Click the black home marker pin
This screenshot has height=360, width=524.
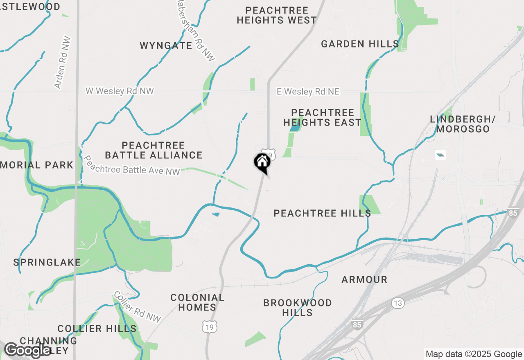click(x=262, y=162)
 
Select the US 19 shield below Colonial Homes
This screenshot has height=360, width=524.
click(x=209, y=326)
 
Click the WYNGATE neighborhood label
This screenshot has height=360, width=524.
click(x=166, y=45)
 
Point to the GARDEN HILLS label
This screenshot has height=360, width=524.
click(x=360, y=44)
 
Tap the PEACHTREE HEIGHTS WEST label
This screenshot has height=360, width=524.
click(x=276, y=15)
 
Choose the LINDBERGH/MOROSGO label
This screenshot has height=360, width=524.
click(x=463, y=124)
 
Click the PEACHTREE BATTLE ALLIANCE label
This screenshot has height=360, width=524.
click(x=154, y=150)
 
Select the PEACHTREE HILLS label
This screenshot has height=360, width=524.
click(x=322, y=213)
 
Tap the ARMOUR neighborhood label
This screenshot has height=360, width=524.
click(x=364, y=279)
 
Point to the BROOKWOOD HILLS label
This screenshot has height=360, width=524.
click(x=298, y=308)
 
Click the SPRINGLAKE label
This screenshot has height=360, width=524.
click(x=47, y=262)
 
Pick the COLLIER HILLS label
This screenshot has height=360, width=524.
click(x=97, y=328)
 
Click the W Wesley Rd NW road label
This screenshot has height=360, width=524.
click(x=120, y=91)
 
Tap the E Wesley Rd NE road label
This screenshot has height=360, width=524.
click(x=308, y=92)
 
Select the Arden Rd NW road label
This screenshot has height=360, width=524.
click(x=63, y=63)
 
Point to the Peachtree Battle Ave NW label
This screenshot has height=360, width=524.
click(x=131, y=165)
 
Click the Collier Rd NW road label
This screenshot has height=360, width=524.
click(x=137, y=306)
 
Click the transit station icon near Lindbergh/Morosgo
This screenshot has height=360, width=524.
click(x=440, y=155)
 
